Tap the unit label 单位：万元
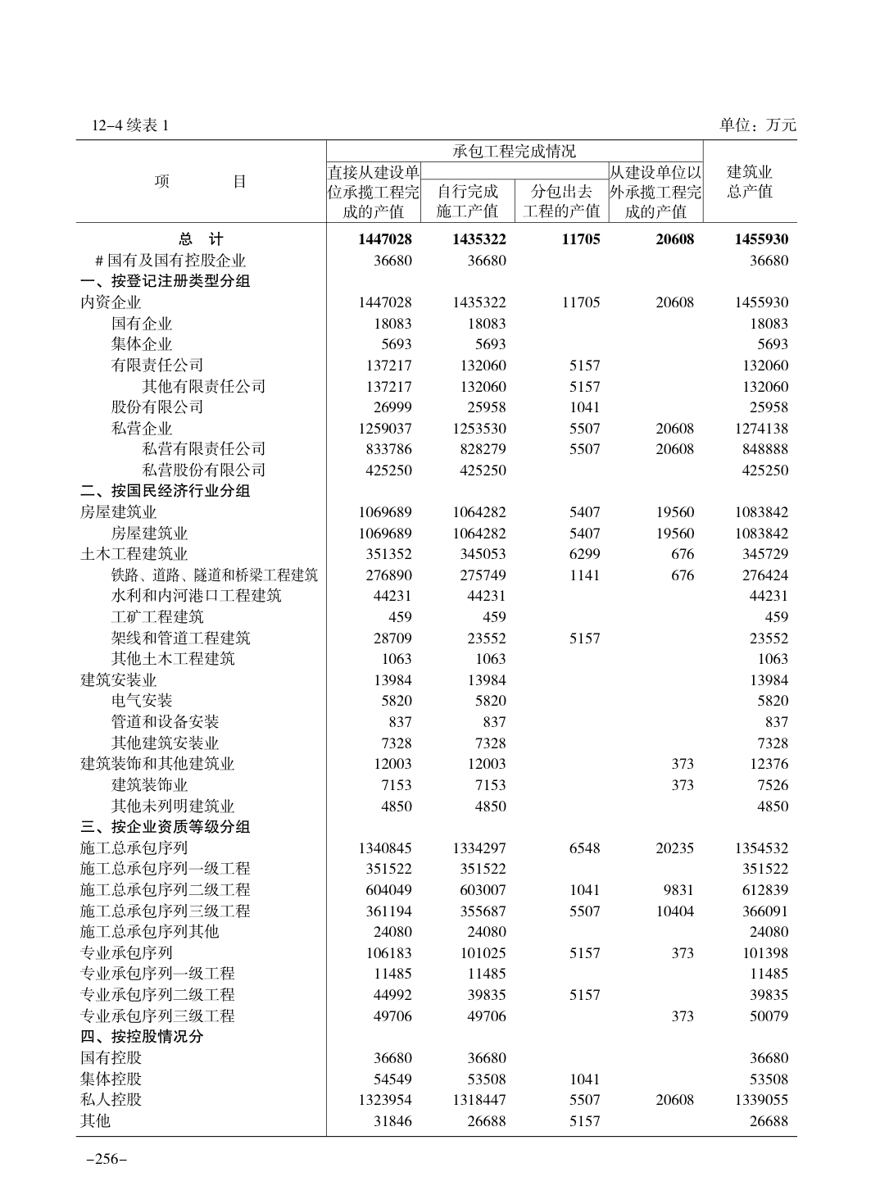pyautogui.click(x=757, y=125)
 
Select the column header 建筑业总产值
pyautogui.click(x=750, y=182)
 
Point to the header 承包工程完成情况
pyautogui.click(x=514, y=151)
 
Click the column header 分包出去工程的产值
pyautogui.click(x=561, y=202)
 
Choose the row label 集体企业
pyautogui.click(x=142, y=344)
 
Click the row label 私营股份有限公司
pyautogui.click(x=203, y=470)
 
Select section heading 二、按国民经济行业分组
pyautogui.click(x=165, y=491)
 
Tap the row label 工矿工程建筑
pyautogui.click(x=157, y=617)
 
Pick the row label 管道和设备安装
pyautogui.click(x=165, y=722)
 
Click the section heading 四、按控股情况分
pyautogui.click(x=142, y=1036)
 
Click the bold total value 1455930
pyautogui.click(x=761, y=239)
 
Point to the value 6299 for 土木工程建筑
pyautogui.click(x=584, y=554)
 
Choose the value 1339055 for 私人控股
pyautogui.click(x=761, y=1100)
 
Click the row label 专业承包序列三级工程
pyautogui.click(x=157, y=1016)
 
